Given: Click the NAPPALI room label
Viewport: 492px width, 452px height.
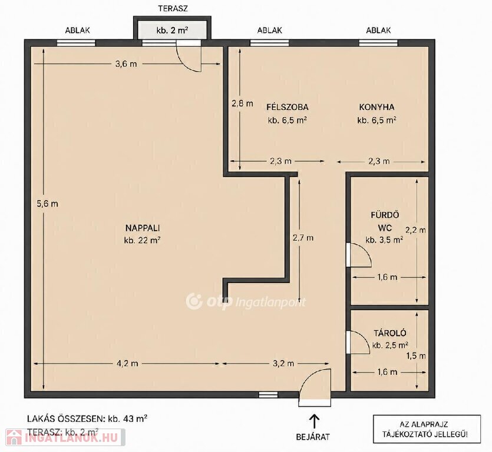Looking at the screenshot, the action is tap(143, 228).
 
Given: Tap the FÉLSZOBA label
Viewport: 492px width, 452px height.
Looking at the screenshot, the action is tap(288, 107).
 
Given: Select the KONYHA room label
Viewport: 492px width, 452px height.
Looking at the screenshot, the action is tap(377, 107).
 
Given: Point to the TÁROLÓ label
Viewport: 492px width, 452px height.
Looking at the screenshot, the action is tap(390, 333).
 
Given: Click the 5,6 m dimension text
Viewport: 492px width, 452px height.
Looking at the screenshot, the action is tap(47, 204).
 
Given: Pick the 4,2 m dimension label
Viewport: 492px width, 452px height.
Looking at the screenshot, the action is tap(127, 364).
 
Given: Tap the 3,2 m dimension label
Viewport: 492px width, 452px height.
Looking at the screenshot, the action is tap(283, 364).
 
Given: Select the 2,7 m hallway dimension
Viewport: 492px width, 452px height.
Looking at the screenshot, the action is tap(303, 238).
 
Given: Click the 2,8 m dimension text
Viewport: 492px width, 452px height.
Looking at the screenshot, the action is tap(242, 104).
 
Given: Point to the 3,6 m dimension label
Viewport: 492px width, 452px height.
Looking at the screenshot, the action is tap(126, 64).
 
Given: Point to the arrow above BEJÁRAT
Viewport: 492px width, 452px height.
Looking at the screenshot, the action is tap(314, 421).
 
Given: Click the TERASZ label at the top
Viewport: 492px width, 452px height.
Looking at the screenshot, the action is tap(173, 8).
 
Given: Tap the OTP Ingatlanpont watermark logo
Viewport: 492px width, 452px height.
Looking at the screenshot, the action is tap(245, 301).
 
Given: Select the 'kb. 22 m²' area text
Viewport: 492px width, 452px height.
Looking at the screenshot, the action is tap(143, 240).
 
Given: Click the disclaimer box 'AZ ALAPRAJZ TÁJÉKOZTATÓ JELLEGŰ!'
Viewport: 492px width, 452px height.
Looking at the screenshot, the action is tap(427, 429).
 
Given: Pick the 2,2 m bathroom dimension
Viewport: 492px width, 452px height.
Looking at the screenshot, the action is tap(416, 230).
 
